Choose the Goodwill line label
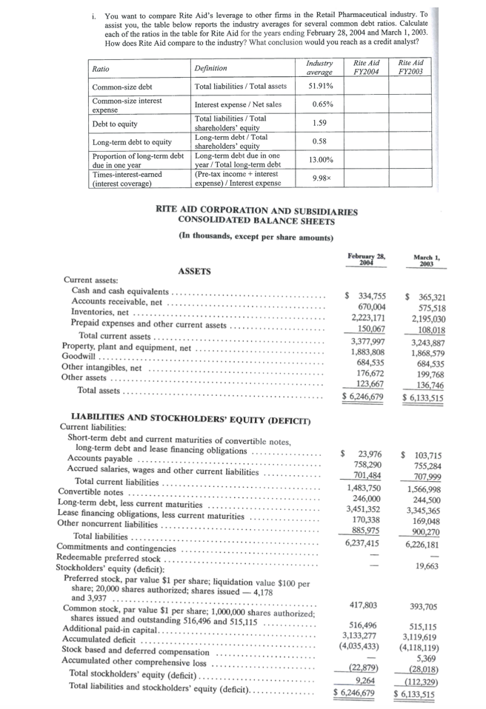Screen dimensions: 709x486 (79, 357)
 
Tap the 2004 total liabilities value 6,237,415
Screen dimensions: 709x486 (363, 542)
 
